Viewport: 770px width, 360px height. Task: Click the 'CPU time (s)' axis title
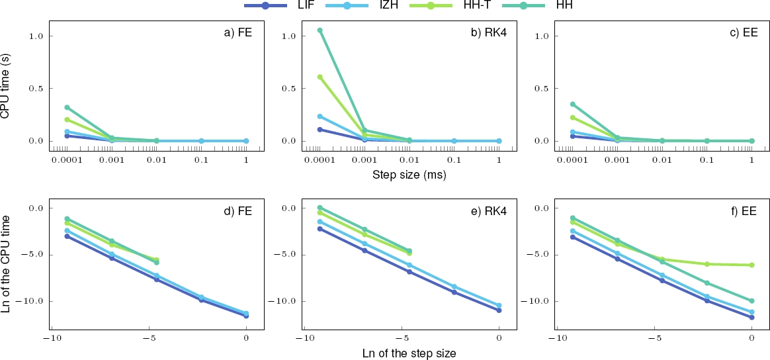(x=6, y=87)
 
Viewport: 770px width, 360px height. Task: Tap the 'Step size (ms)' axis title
(x=409, y=175)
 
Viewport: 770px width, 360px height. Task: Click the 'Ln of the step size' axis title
(x=409, y=353)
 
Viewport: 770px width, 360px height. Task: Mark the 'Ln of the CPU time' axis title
(x=6, y=265)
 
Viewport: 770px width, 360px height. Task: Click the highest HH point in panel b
(x=320, y=30)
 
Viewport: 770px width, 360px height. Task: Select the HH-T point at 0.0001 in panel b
(x=320, y=77)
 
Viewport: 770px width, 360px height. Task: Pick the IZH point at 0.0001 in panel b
(x=320, y=116)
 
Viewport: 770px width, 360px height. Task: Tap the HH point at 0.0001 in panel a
(x=67, y=107)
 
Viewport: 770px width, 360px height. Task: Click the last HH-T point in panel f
(x=751, y=265)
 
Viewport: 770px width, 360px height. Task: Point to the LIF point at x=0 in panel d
(x=246, y=316)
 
